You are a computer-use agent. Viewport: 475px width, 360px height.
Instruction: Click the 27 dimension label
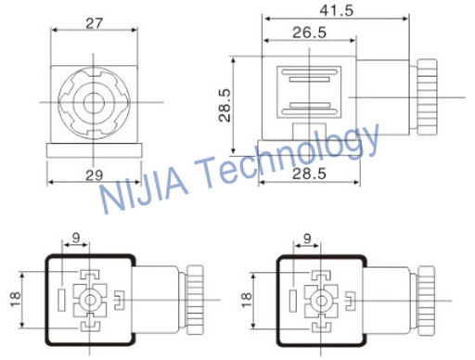(x=94, y=23)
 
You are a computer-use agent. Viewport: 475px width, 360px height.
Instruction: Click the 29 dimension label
(x=94, y=175)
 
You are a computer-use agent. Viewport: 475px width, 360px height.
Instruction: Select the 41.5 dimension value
(x=337, y=10)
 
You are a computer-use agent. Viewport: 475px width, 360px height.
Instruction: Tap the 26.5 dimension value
(x=309, y=32)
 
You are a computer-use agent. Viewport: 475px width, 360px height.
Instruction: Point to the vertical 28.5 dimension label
(x=225, y=105)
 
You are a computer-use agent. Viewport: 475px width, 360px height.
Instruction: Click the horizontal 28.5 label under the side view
(x=309, y=174)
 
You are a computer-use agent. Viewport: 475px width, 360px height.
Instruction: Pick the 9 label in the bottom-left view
(x=76, y=238)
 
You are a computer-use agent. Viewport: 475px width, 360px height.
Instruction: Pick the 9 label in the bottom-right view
(x=307, y=238)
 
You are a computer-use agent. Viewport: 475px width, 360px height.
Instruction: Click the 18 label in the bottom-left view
(x=15, y=300)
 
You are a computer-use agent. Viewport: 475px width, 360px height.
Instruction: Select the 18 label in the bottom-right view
(x=247, y=300)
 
